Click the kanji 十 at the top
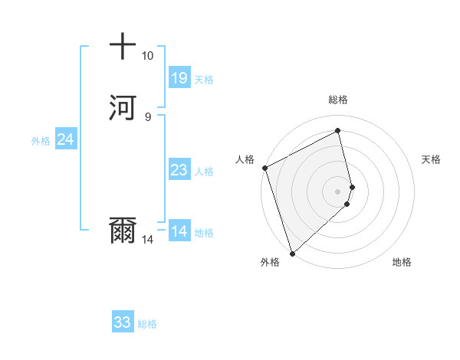coord(123,47)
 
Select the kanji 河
coord(123,107)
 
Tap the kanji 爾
coord(123,231)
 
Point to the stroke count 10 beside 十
coord(147,56)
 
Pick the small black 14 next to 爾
coord(147,240)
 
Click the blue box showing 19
coord(179,78)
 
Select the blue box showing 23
coord(179,170)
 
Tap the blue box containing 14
coord(179,231)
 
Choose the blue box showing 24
coord(65,139)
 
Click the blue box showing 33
coord(122,322)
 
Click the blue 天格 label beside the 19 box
coord(204,79)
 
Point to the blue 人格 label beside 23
coord(204,171)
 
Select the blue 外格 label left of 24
coord(40,140)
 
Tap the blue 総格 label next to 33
coord(147,323)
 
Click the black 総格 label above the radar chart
coord(337,100)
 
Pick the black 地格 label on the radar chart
coord(402,262)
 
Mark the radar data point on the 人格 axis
coord(264,168)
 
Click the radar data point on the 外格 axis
coord(291,253)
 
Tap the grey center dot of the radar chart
coord(337,191)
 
